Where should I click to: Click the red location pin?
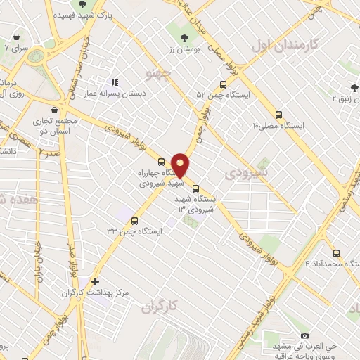point(181,165)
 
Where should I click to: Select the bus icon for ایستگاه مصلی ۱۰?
point(278,114)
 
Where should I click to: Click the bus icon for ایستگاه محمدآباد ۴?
point(335,253)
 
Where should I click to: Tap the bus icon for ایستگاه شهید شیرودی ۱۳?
point(195,188)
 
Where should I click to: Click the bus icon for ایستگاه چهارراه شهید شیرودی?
point(162,161)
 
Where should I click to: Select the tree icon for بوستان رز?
point(184,38)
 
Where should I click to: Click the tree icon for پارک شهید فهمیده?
point(83,5)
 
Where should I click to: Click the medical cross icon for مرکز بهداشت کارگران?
point(96,281)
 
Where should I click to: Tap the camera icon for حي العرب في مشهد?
point(304,335)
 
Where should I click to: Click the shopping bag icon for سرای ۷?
point(15,36)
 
